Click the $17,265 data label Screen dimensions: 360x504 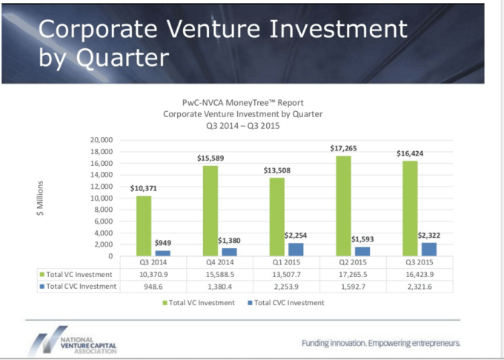click(343, 149)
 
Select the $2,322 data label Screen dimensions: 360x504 click(428, 235)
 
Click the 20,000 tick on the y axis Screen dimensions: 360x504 click(100, 140)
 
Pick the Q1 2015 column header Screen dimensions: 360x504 click(285, 262)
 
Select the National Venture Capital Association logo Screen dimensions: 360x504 click(74, 339)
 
